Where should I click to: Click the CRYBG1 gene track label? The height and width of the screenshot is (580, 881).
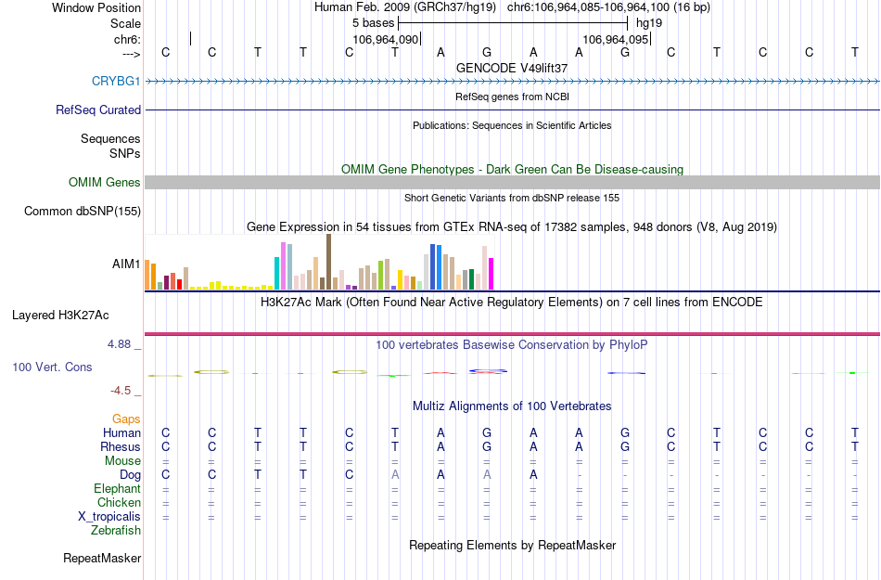116,81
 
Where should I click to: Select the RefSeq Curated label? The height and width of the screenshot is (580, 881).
98,110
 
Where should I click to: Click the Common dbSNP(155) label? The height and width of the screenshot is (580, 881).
83,212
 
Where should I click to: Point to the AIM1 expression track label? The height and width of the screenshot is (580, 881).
126,264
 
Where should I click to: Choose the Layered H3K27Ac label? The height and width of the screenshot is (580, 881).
76,315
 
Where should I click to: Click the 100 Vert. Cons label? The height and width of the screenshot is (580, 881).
52,367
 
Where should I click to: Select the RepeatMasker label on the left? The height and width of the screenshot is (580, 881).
102,559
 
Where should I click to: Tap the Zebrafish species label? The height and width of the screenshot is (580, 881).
116,531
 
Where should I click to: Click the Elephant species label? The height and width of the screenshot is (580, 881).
117,489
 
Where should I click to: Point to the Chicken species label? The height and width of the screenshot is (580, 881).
119,503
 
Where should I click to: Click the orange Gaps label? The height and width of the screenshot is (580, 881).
126,419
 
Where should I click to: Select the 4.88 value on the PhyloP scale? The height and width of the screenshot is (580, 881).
122,344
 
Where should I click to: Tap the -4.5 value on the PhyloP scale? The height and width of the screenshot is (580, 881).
124,391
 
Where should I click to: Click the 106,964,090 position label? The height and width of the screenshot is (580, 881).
386,40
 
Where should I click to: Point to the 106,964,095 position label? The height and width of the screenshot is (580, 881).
614,40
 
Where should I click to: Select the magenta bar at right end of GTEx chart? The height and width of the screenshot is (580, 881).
491,273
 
